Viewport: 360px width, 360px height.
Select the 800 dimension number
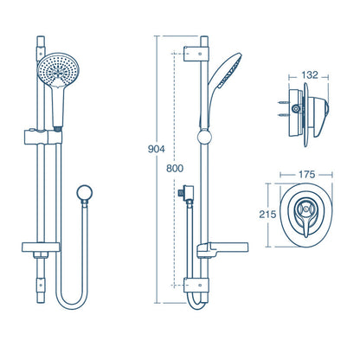click(175, 170)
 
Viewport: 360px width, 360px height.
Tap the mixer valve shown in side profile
click(305, 109)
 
